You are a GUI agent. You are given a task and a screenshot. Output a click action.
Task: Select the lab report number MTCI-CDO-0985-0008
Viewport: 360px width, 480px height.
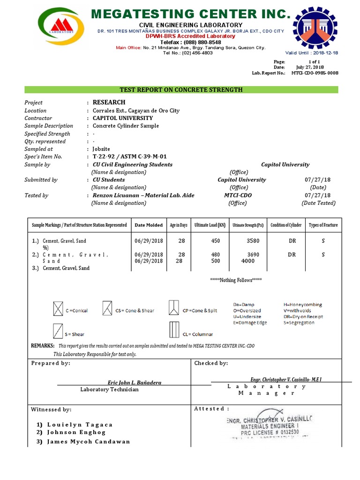click(x=315, y=73)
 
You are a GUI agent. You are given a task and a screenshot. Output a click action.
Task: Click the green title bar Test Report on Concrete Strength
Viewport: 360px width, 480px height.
click(x=181, y=90)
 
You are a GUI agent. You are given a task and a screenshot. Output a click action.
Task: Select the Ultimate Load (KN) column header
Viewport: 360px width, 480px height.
click(x=210, y=225)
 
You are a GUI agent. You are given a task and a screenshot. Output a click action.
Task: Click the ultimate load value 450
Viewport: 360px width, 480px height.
click(x=216, y=240)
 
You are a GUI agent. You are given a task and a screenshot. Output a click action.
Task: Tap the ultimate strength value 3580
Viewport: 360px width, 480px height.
click(x=253, y=240)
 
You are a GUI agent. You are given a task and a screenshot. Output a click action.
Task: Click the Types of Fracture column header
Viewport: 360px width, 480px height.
click(x=323, y=225)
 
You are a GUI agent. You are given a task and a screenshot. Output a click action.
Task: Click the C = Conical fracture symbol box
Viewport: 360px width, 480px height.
click(x=58, y=310)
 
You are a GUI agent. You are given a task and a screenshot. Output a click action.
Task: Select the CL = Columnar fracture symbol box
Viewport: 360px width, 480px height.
click(x=174, y=330)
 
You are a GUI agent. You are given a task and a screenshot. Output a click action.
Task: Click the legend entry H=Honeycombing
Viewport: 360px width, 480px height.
click(x=303, y=305)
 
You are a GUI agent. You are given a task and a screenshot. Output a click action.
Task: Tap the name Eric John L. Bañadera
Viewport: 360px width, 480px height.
click(x=135, y=382)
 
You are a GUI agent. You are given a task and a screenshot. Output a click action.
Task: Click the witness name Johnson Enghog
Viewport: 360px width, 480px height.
click(x=76, y=432)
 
